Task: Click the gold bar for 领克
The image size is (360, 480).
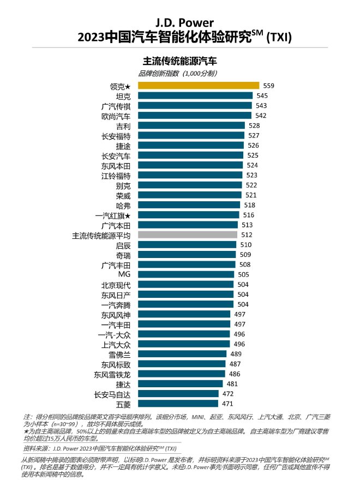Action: tap(198, 85)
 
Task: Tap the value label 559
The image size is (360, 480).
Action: tap(268, 86)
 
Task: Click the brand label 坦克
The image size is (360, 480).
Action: tap(123, 95)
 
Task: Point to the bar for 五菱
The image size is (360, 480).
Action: tap(177, 404)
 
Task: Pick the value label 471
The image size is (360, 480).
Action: tap(227, 404)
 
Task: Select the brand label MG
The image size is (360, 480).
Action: tap(124, 274)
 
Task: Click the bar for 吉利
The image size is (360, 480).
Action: tap(191, 125)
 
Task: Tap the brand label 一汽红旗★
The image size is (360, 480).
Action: tap(113, 215)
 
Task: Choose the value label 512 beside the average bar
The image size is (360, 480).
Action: tap(247, 235)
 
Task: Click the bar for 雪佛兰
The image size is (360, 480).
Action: tap(182, 354)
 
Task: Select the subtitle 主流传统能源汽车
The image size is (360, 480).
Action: tap(180, 61)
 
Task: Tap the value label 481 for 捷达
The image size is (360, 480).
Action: tap(232, 384)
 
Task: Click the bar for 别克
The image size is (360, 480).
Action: tap(190, 185)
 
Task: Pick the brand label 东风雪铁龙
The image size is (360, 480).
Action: tap(112, 374)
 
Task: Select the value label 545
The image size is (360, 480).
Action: tap(262, 95)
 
